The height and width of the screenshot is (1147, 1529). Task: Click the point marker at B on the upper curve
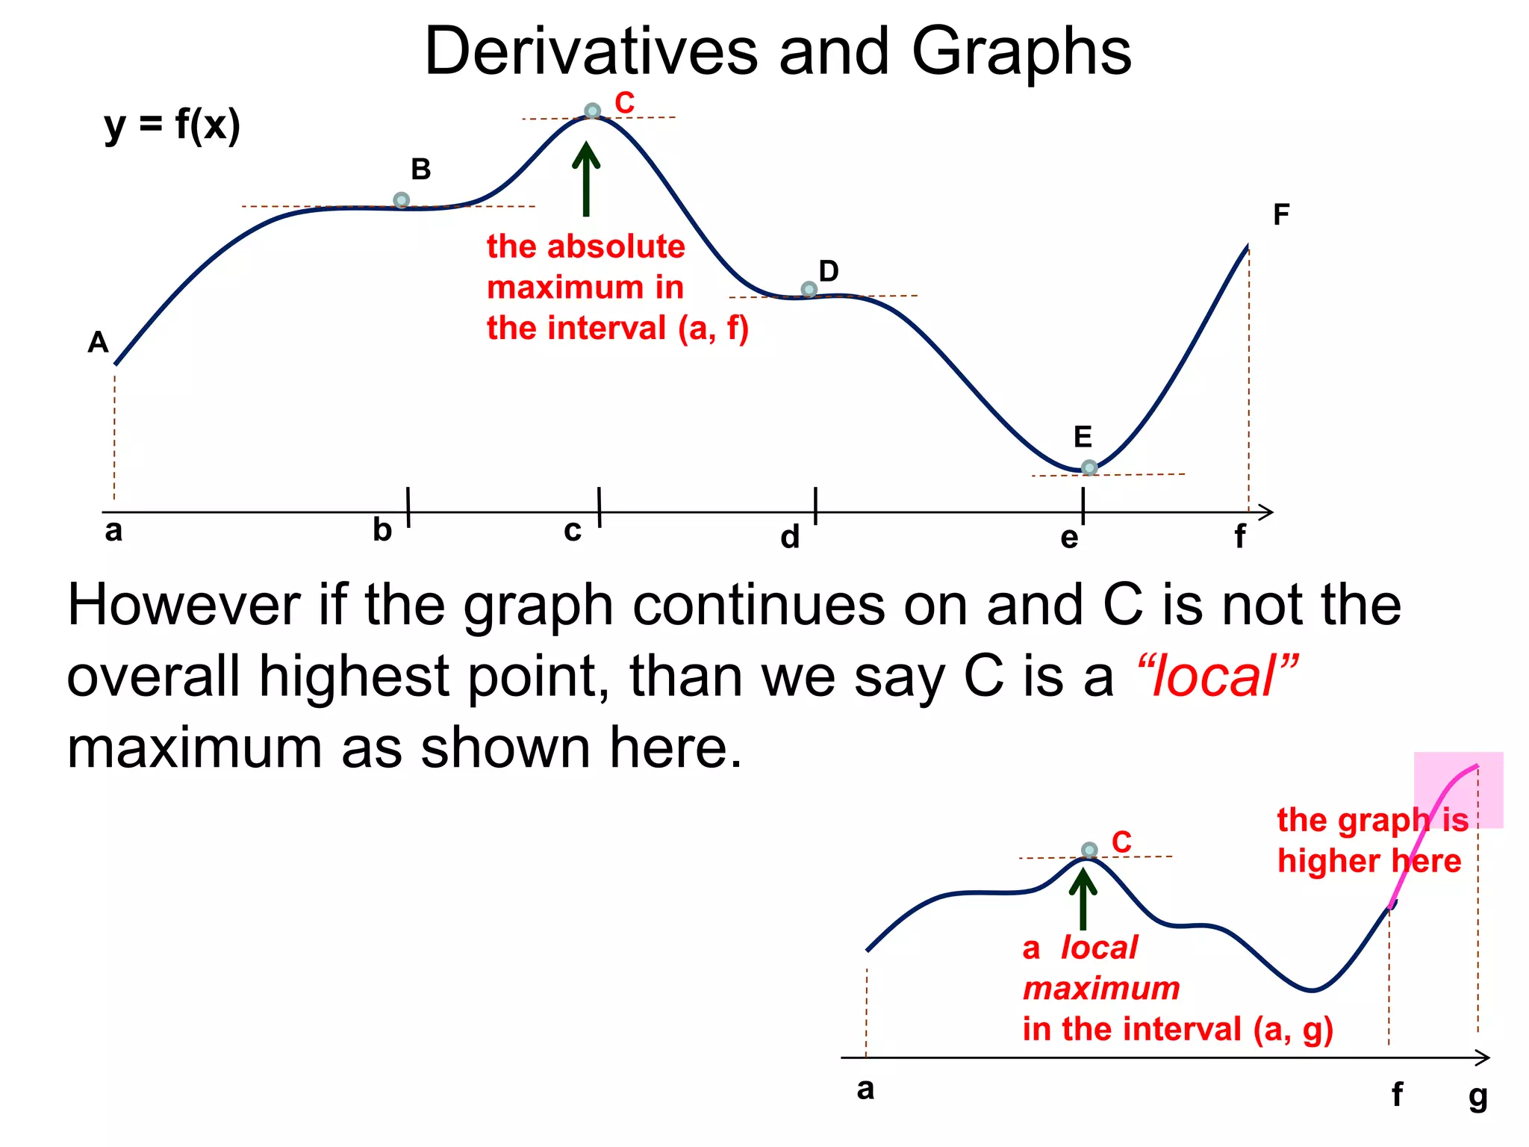point(401,200)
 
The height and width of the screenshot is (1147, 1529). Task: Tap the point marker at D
point(809,289)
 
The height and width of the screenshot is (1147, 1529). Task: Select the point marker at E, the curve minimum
point(1089,467)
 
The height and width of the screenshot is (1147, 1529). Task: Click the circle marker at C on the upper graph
point(592,111)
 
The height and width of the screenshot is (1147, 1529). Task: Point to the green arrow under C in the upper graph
point(586,179)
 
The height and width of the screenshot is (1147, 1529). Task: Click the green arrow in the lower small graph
point(1083,900)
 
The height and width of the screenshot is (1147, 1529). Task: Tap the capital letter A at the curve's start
point(99,343)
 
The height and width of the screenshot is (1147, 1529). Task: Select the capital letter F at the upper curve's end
point(1281,215)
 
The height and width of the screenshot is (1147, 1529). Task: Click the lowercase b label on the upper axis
point(382,530)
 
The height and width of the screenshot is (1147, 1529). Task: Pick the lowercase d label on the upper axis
point(790,537)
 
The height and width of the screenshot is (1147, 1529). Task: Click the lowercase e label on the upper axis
point(1069,538)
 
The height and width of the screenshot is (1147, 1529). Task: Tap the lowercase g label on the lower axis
point(1478,1097)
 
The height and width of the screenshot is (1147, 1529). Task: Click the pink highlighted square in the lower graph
point(1458,789)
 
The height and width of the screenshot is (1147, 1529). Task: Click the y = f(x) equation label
point(172,125)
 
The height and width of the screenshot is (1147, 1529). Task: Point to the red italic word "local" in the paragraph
point(1217,677)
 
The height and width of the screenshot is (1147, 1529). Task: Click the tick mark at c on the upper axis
point(600,508)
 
